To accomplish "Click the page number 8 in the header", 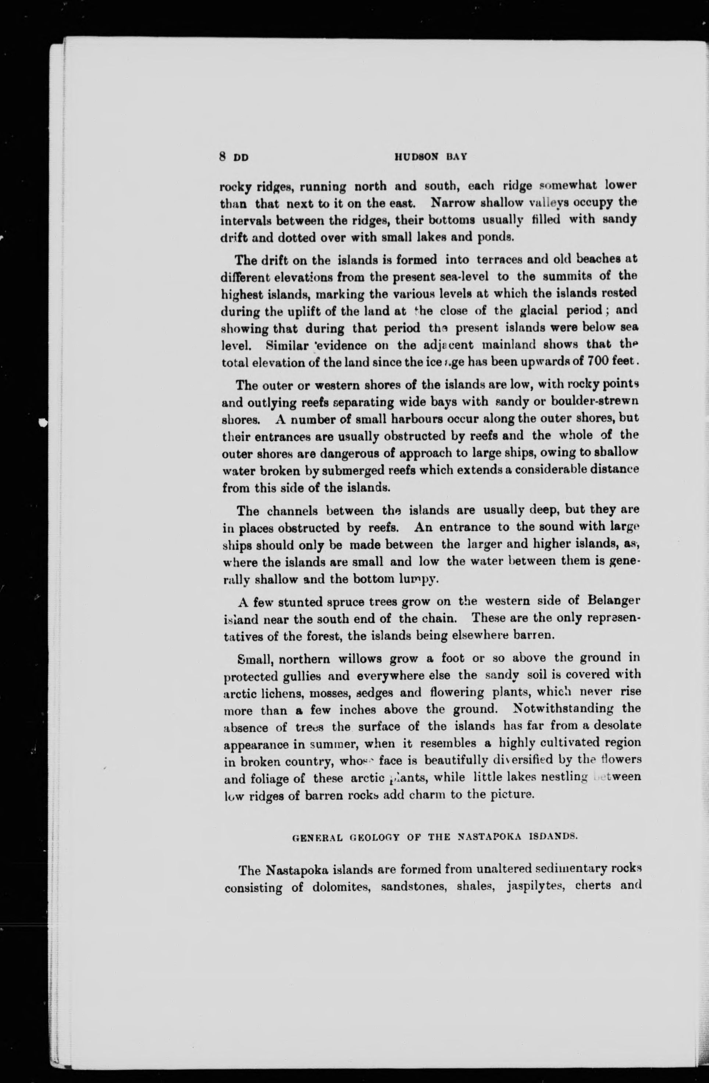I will coord(223,157).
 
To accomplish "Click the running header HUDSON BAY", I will coord(430,157).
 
